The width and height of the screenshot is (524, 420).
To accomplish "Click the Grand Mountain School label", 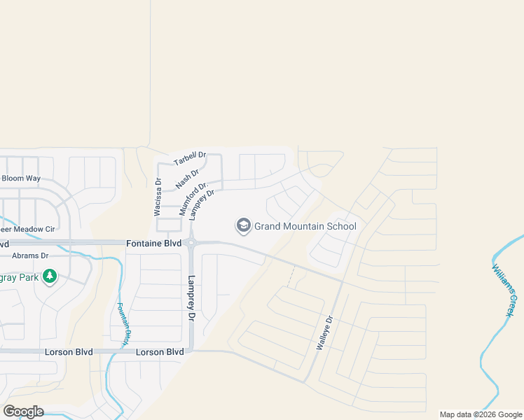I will [x=305, y=226].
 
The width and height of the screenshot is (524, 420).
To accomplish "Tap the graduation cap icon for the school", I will [x=244, y=225].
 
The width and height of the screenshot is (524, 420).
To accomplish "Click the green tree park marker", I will [x=49, y=277].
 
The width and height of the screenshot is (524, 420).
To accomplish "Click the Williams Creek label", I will [x=506, y=290].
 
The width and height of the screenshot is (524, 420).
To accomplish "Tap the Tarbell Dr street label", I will [x=190, y=159].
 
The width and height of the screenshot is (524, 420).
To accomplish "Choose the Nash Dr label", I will [x=188, y=178].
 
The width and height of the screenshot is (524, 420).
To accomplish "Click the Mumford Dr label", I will [x=193, y=198].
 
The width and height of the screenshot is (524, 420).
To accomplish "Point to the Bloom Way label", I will [x=21, y=178].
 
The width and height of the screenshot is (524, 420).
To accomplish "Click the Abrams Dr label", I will [x=29, y=256].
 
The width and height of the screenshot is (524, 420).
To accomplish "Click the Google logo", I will [x=23, y=412].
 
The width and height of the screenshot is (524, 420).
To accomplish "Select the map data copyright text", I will [x=480, y=414].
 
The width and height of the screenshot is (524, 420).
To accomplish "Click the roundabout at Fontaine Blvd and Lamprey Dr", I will [x=191, y=244].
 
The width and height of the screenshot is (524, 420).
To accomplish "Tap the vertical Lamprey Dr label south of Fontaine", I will [x=191, y=298].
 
